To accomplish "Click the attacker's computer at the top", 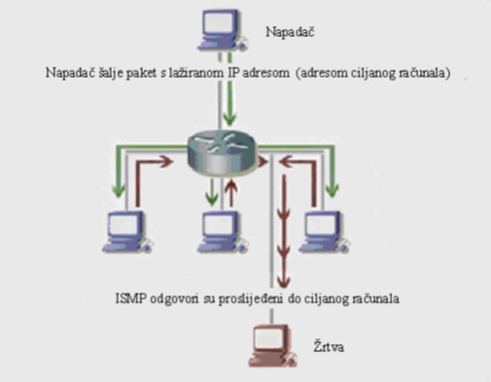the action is (x=222, y=30).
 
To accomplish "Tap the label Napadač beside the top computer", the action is (x=290, y=32).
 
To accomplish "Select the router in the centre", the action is (x=222, y=153).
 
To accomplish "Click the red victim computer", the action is (x=273, y=345).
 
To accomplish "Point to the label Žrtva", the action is (x=329, y=346).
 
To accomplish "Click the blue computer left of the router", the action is (x=126, y=231).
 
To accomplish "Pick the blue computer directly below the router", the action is (x=223, y=231).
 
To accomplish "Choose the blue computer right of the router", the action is (x=324, y=231).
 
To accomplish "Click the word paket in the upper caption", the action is (x=142, y=73).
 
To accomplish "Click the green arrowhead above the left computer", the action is (x=119, y=191).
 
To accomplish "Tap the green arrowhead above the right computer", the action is (x=332, y=191).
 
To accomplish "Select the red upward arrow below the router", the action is (x=231, y=193).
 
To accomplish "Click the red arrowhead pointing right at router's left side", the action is (x=166, y=161).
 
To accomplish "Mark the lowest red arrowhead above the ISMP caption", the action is (x=284, y=281).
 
